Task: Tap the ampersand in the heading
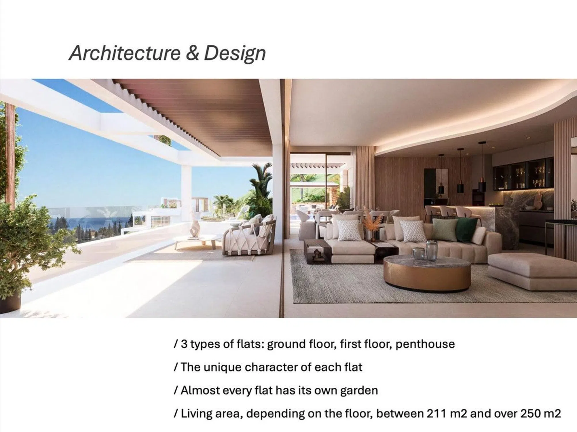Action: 192,53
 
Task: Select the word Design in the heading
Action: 235,54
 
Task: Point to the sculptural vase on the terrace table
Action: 195,229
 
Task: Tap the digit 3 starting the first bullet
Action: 184,344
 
